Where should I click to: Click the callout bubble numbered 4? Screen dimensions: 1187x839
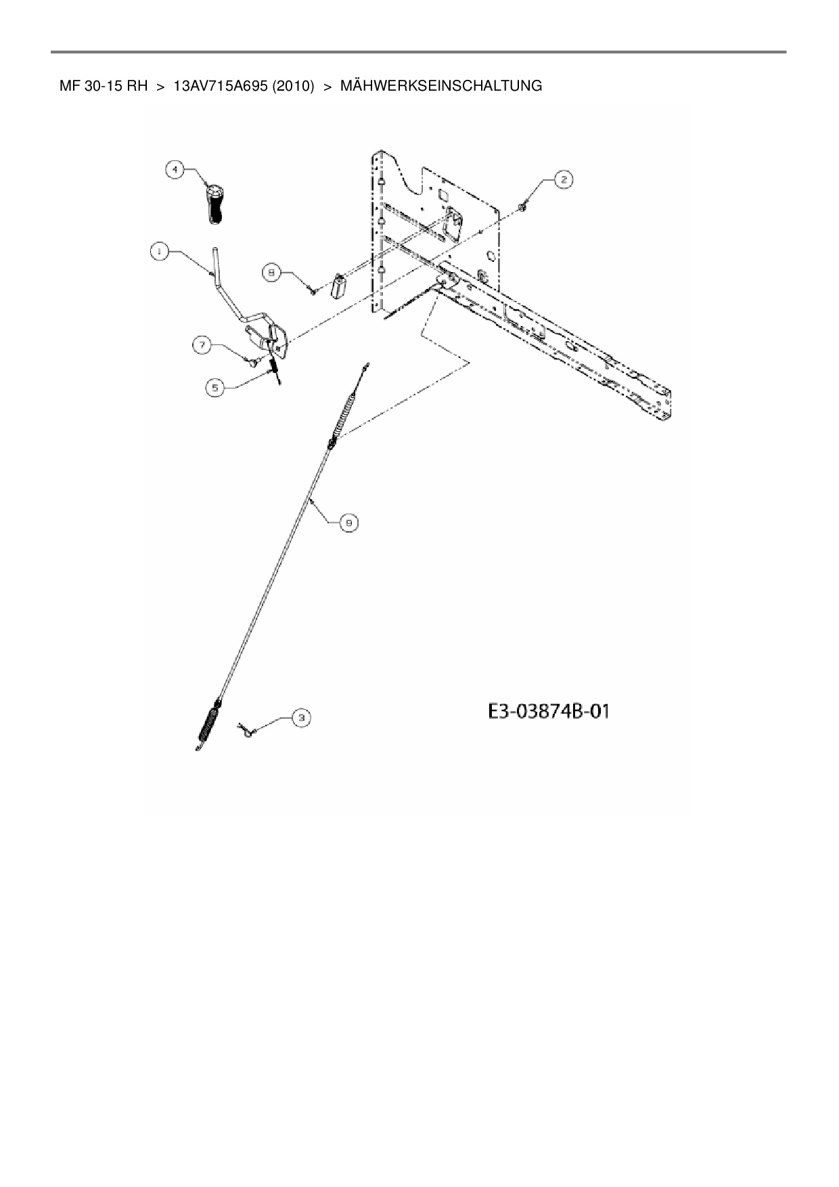(x=175, y=170)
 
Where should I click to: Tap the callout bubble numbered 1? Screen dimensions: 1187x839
(x=159, y=251)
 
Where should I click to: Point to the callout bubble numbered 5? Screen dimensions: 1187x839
(x=215, y=387)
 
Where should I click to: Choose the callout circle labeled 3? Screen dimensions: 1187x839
(x=301, y=717)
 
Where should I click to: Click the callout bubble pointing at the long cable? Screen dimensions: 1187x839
(x=348, y=522)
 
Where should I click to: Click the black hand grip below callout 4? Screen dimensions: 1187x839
(x=213, y=202)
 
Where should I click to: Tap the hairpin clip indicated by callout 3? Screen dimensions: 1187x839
(x=245, y=730)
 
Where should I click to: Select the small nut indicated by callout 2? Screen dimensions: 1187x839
(x=524, y=206)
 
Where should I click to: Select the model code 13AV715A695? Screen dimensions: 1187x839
(x=221, y=86)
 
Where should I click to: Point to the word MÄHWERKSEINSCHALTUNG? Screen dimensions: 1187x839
(x=440, y=86)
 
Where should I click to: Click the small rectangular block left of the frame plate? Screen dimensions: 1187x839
(x=338, y=287)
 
